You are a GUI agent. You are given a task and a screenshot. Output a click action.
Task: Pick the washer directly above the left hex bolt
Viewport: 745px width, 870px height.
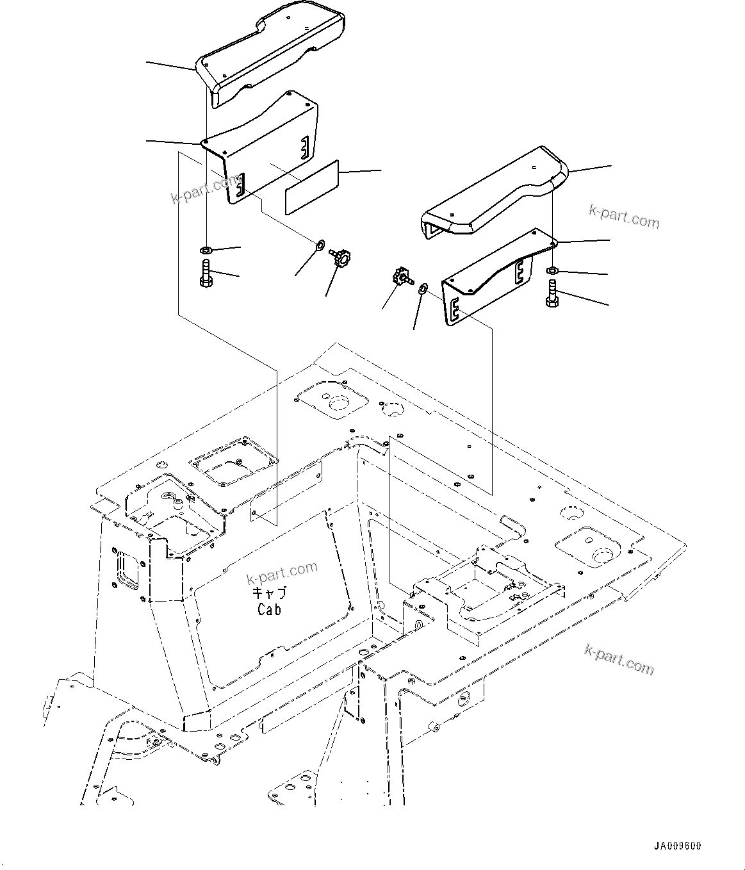pyautogui.click(x=206, y=249)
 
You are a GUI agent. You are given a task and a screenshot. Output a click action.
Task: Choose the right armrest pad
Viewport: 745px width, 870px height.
pyautogui.click(x=493, y=195)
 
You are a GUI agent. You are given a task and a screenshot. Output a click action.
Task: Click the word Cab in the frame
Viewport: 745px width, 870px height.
pyautogui.click(x=269, y=609)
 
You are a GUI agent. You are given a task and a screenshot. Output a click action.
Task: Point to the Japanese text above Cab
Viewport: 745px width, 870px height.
pyautogui.click(x=269, y=593)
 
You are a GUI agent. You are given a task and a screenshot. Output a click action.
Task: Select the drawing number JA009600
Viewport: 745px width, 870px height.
pyautogui.click(x=677, y=846)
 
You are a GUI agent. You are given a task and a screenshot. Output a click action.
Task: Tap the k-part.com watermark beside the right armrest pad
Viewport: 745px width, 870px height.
pyautogui.click(x=624, y=217)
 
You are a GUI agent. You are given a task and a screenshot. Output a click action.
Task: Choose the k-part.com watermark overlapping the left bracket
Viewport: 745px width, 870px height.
pyautogui.click(x=205, y=190)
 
